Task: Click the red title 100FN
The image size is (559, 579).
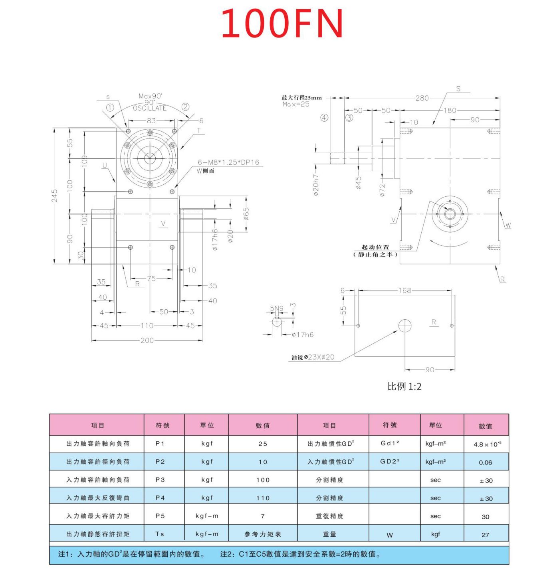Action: coord(282,24)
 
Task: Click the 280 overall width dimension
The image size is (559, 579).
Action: coord(422,98)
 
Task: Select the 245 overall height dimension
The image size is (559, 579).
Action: coord(55,196)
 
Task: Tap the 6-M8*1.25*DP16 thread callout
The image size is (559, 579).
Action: coord(228,162)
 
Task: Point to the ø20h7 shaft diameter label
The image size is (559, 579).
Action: coord(316,185)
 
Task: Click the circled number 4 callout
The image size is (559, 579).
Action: coord(324,118)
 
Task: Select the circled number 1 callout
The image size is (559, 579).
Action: coord(110,107)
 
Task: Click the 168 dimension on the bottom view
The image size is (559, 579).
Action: coord(404,290)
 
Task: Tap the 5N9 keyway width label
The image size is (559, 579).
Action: coord(276,308)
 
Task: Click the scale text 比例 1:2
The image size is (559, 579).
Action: coord(404,386)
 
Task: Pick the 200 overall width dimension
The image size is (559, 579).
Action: coord(147,340)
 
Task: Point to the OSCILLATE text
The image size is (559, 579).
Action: coord(150,108)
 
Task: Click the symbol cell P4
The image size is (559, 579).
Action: coord(160,498)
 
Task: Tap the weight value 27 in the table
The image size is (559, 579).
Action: coord(486,535)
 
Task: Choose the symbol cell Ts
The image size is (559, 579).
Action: coord(160,534)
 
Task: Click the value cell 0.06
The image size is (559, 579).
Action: coord(486,462)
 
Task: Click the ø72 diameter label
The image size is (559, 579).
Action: coord(383,190)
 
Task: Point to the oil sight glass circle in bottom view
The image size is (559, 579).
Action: coord(405,326)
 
